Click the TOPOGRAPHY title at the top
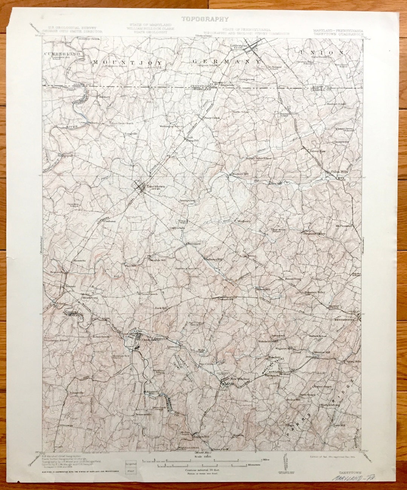[x=205, y=18]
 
